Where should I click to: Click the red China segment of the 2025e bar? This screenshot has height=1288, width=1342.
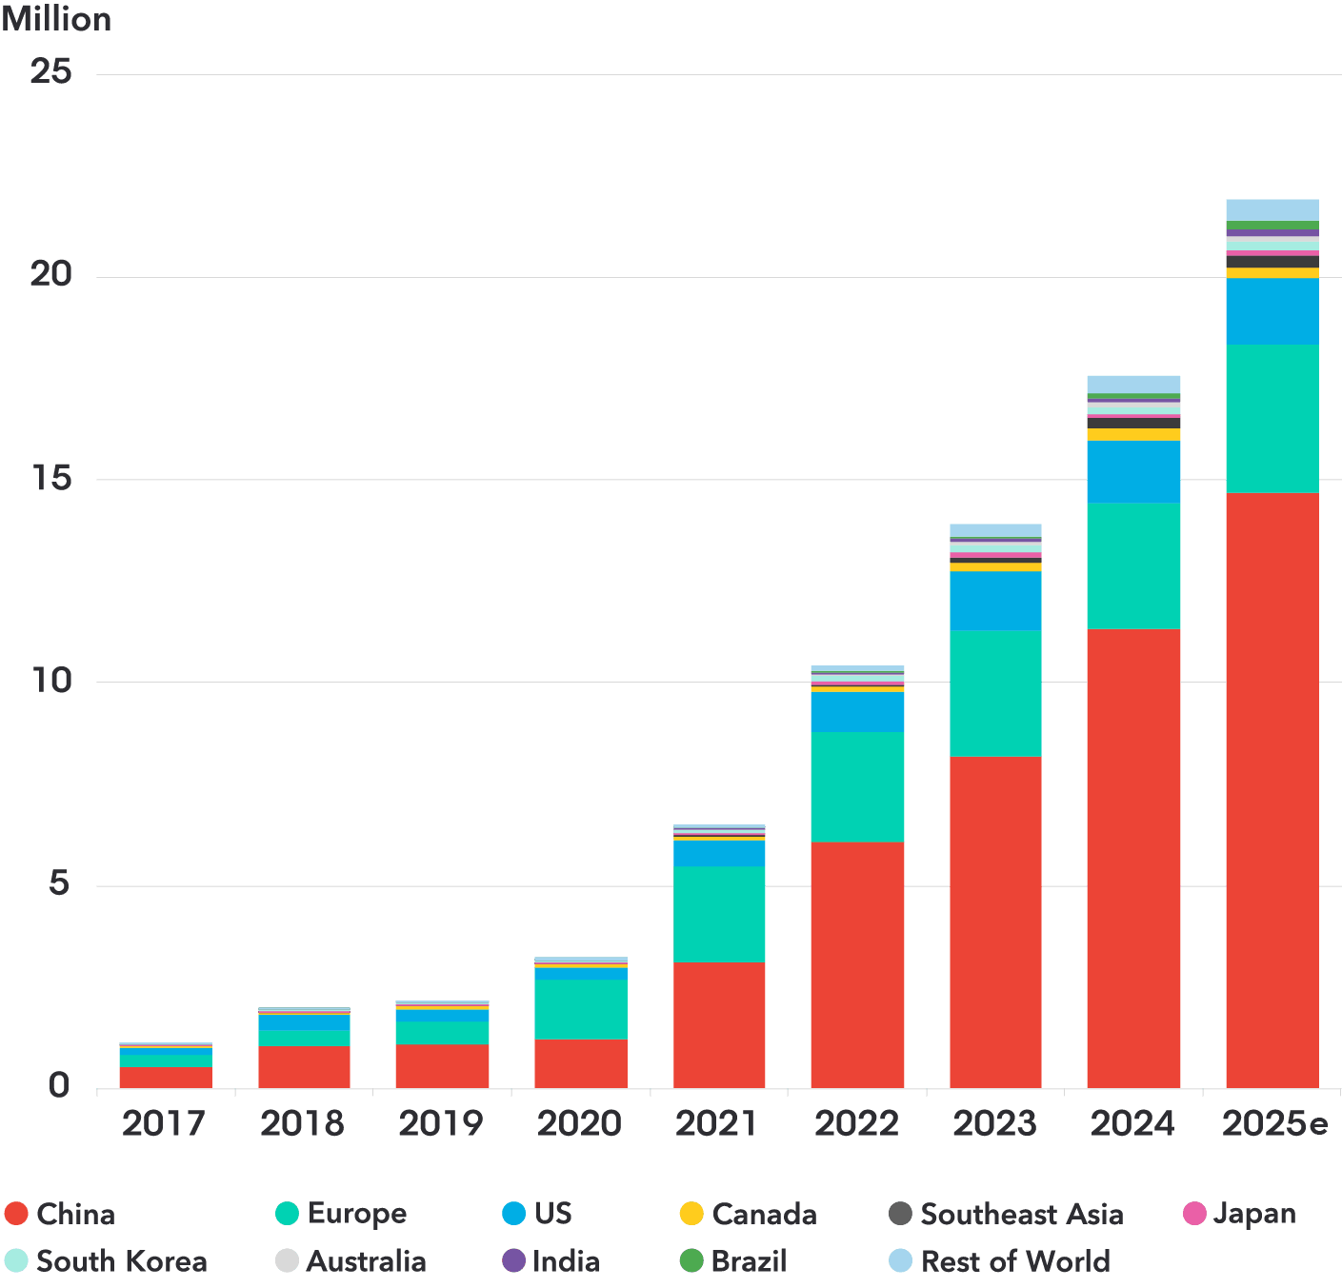coord(1272,790)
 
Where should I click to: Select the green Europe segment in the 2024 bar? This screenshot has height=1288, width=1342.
coord(1133,565)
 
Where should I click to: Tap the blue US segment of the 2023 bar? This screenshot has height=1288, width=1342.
coord(995,601)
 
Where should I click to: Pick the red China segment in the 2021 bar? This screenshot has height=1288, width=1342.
coord(719,1025)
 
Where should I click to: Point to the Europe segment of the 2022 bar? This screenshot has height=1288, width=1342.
coord(857,786)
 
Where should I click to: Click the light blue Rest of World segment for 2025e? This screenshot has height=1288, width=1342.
coord(1272,209)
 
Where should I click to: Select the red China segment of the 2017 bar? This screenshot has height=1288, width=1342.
coord(166,1078)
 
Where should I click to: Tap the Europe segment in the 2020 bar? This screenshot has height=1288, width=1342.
coord(581,1009)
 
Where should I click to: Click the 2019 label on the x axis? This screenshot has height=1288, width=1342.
coord(441,1124)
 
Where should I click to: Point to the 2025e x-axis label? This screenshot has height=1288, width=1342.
coord(1274,1124)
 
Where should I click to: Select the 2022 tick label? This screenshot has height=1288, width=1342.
coord(856,1124)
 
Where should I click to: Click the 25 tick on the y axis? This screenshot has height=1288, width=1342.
coord(51,72)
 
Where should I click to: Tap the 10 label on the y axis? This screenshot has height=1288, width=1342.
coord(51,681)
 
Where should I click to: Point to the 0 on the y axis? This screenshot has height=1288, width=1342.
coord(59,1086)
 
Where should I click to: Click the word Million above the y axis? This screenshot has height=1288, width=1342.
coord(56,19)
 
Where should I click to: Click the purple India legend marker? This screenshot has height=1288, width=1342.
coord(513,1261)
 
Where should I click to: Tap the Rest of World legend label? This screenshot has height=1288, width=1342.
coord(1014,1261)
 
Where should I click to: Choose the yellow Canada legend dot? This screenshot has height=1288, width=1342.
coord(691,1214)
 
